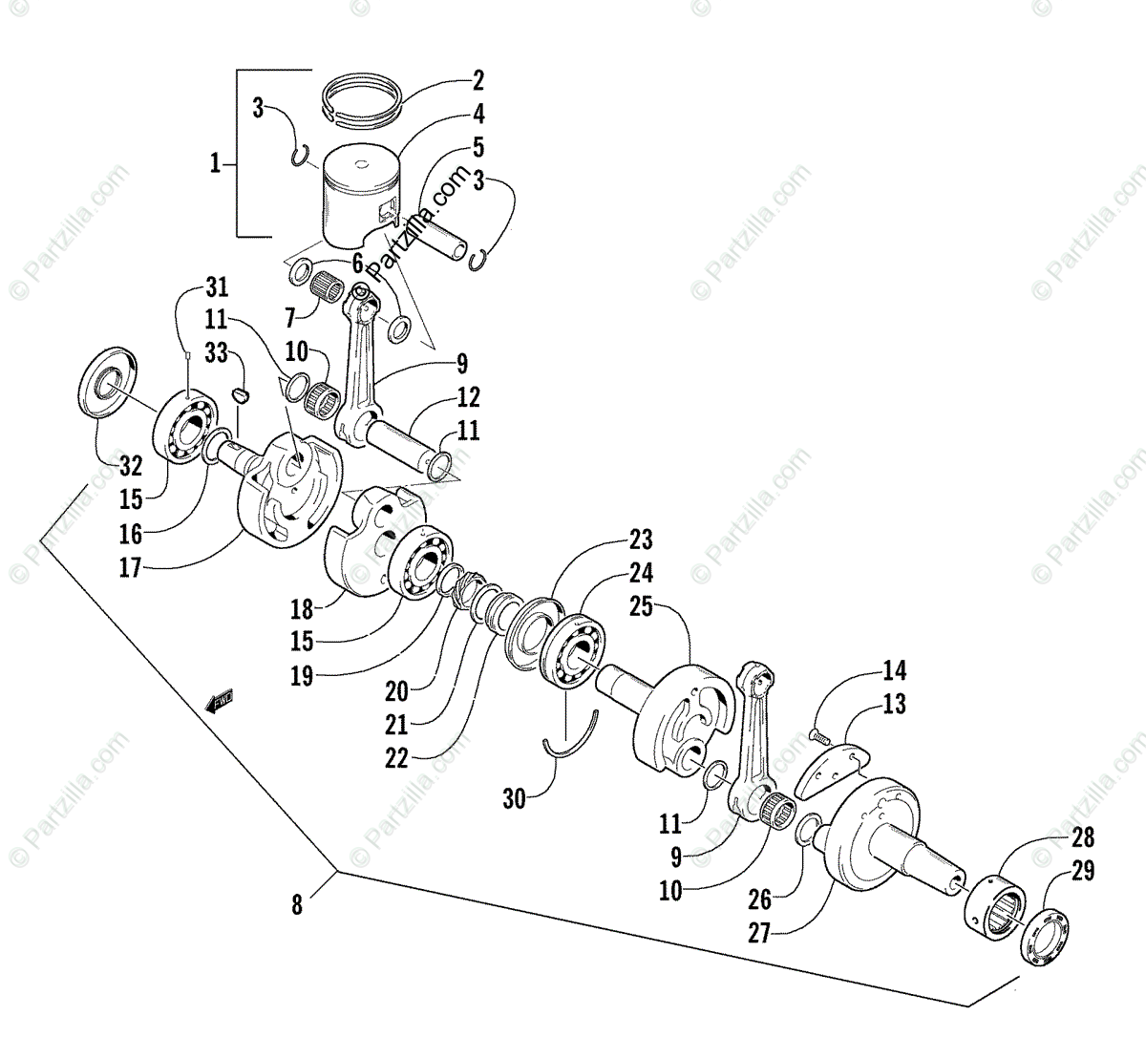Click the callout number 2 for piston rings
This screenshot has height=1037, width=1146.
point(477,80)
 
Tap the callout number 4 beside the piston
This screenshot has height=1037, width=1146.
point(477,115)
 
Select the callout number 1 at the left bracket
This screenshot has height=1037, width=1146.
point(216,164)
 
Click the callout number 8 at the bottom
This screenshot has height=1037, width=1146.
point(297,903)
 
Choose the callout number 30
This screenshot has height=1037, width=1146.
point(514,798)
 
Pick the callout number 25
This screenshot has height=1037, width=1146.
point(641,605)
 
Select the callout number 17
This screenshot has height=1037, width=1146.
point(130,569)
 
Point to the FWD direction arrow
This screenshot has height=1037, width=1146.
point(220,702)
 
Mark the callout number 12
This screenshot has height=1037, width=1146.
point(467,397)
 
